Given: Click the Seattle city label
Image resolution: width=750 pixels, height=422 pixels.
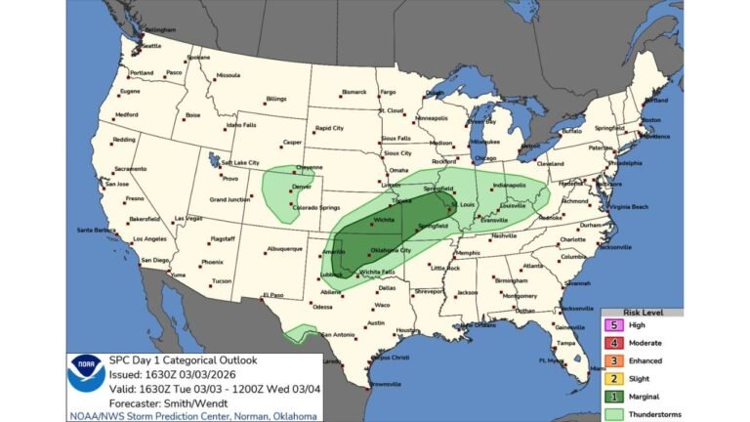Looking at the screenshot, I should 151,46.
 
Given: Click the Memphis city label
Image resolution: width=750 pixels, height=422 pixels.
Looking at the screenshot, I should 468,253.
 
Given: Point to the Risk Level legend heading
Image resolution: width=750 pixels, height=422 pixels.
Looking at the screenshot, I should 645,312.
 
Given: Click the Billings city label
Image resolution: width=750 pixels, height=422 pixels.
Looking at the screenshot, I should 276,99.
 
